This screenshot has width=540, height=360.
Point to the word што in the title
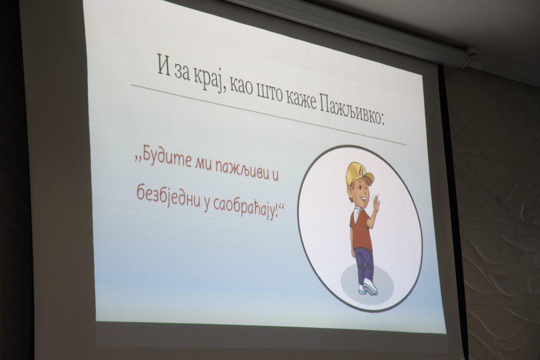point(262,92)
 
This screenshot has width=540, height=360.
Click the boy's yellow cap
point(359,172)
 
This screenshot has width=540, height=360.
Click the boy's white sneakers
point(368,288)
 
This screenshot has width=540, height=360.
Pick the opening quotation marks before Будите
point(139,158)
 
